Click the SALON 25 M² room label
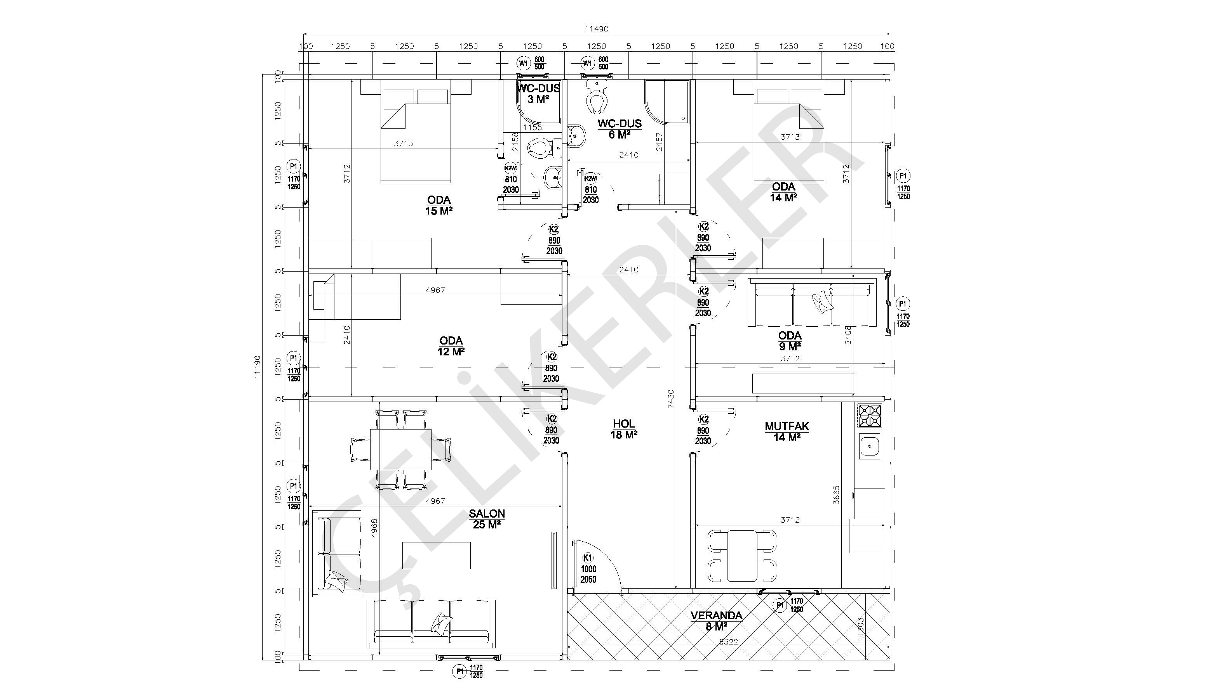[x=487, y=519]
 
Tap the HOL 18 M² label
[x=623, y=429]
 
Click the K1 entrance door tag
[x=588, y=558]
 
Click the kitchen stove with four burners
[x=869, y=416]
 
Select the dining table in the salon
[x=400, y=450]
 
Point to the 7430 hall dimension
[x=671, y=398]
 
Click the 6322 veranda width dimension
[x=728, y=642]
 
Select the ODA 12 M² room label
[x=451, y=346]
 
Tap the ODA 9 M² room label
[x=790, y=340]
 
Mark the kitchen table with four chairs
[x=741, y=556]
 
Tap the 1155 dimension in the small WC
[x=532, y=128]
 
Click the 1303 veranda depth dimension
[x=860, y=626]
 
